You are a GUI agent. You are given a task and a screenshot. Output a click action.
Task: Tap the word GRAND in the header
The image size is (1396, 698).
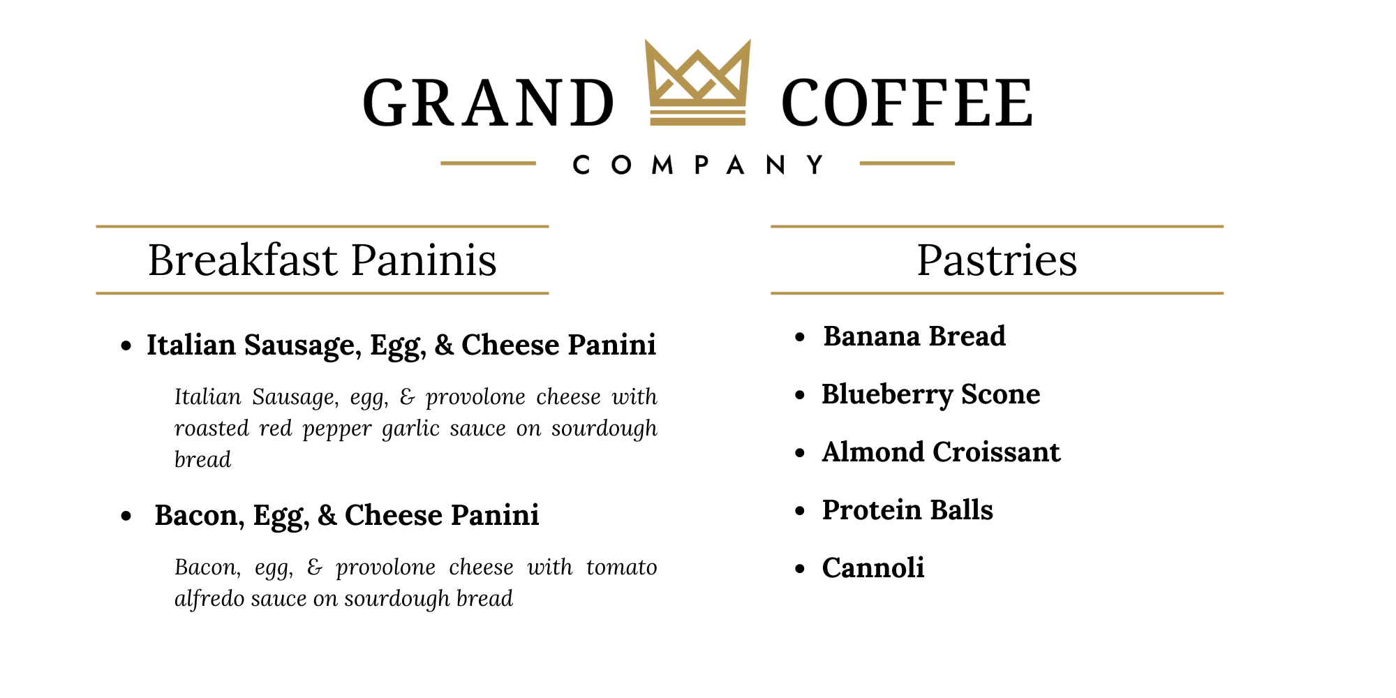(489, 103)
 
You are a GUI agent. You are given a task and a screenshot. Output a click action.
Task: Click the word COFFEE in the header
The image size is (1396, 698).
(907, 103)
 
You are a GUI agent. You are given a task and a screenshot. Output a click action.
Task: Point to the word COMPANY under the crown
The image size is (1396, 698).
(698, 165)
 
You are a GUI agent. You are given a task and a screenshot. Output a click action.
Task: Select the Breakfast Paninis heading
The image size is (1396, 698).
(322, 260)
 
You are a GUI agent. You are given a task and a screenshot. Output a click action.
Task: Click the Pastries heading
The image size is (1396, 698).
(997, 260)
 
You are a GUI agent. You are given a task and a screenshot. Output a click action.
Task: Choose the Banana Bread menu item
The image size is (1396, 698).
(914, 336)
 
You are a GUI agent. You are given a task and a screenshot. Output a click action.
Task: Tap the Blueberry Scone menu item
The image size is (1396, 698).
(931, 395)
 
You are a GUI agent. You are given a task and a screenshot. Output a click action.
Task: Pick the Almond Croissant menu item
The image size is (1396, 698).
(941, 452)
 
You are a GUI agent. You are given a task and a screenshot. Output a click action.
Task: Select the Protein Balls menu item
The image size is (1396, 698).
(907, 510)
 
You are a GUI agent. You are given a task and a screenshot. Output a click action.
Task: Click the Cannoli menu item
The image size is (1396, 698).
(873, 568)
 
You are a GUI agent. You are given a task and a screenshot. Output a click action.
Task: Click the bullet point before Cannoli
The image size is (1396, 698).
(801, 570)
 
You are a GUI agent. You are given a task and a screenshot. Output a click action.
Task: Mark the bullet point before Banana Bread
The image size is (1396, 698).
(801, 338)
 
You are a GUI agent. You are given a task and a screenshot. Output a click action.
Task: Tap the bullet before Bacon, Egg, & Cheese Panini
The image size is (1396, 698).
(126, 517)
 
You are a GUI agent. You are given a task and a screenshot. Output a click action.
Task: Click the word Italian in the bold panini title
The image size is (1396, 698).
(191, 345)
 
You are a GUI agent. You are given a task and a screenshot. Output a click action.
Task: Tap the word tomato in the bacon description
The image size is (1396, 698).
(621, 567)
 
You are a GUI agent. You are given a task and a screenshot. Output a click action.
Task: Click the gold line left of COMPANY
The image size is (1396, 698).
(488, 163)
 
